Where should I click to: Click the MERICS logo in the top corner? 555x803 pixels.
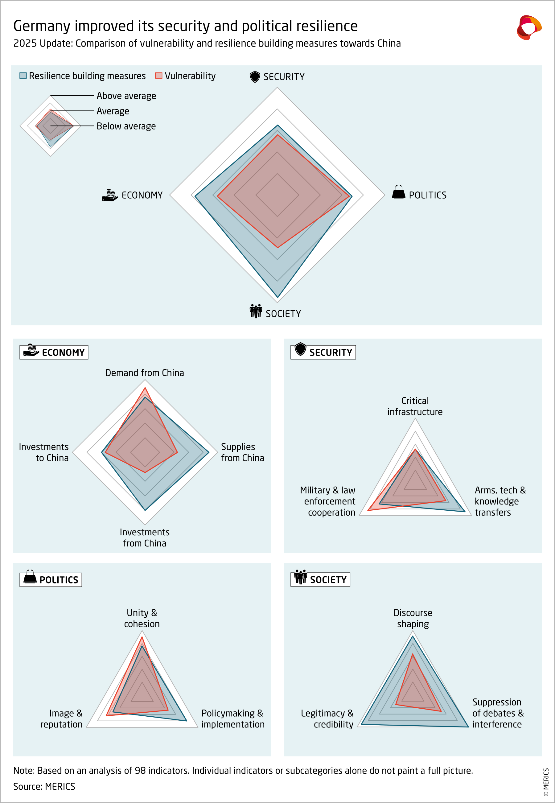528,27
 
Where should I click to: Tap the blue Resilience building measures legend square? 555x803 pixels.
23,76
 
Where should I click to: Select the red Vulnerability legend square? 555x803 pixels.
158,76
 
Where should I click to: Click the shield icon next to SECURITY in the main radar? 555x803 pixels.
255,76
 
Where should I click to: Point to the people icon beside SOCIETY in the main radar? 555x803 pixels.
256,311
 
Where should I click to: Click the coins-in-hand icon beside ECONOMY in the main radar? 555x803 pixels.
110,195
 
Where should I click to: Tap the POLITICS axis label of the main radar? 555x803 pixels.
427,195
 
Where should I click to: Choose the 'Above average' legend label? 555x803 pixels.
126,96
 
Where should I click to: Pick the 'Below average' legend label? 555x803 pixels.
126,126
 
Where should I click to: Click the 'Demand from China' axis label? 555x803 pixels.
145,373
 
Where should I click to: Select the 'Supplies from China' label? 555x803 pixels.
242,452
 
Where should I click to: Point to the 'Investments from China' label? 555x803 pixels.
145,538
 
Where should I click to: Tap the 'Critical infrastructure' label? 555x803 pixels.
415,406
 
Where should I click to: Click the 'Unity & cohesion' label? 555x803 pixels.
142,618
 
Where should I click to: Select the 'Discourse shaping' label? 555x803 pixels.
413,618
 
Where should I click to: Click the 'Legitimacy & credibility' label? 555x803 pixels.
327,719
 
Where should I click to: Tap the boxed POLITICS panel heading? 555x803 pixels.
51,580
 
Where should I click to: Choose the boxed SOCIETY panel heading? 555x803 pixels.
320,579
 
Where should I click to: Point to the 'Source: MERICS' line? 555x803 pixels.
44,786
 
